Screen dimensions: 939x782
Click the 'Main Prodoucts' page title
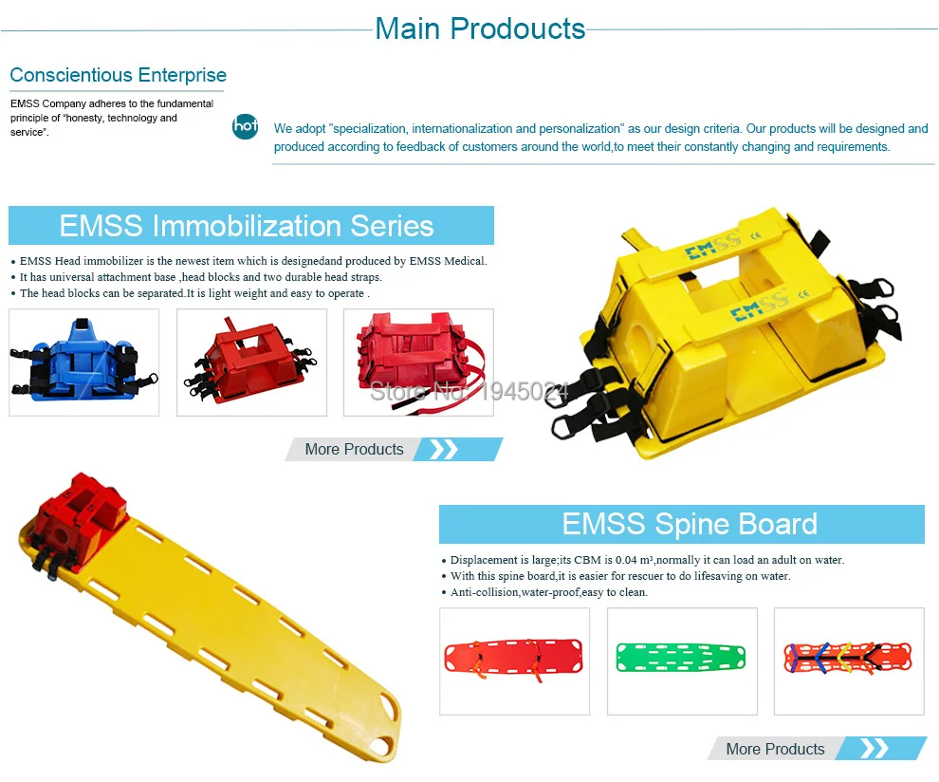point(480,28)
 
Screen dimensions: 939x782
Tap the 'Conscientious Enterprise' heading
point(118,75)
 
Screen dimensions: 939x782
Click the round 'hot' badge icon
point(245,126)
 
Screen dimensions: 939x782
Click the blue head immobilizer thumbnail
point(83,362)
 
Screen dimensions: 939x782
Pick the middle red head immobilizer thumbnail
point(251,362)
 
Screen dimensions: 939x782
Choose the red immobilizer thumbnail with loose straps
point(418,362)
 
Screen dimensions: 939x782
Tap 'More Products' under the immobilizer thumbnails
point(354,449)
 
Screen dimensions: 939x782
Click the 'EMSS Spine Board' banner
point(681,524)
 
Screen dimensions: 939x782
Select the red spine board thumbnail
point(514,661)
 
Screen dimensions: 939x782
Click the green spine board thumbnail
point(682,661)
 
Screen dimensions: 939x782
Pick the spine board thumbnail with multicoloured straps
point(849,661)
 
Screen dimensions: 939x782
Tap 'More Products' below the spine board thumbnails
point(775,749)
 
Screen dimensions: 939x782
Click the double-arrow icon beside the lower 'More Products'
point(874,749)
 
